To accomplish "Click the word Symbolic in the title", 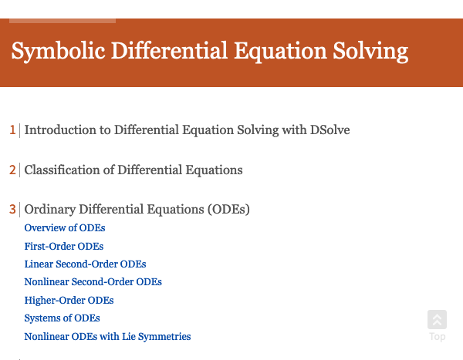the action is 58,52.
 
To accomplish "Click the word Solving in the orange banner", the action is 370,52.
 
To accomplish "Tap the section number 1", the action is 12,130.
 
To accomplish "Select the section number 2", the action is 12,170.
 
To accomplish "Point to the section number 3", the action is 12,209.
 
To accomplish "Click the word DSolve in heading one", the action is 330,130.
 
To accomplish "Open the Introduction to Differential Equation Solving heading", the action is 187,130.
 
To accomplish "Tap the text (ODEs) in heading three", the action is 228,210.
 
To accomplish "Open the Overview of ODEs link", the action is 65,228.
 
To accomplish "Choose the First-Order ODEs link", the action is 64,247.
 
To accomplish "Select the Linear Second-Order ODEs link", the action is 85,264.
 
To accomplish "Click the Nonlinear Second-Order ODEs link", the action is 93,282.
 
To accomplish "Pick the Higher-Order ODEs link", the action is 69,301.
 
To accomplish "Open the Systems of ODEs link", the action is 62,318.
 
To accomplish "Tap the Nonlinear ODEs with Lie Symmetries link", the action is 107,337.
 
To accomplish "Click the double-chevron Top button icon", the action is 437,320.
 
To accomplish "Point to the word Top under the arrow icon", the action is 438,337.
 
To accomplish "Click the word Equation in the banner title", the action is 280,52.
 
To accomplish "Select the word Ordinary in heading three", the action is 50,210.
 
